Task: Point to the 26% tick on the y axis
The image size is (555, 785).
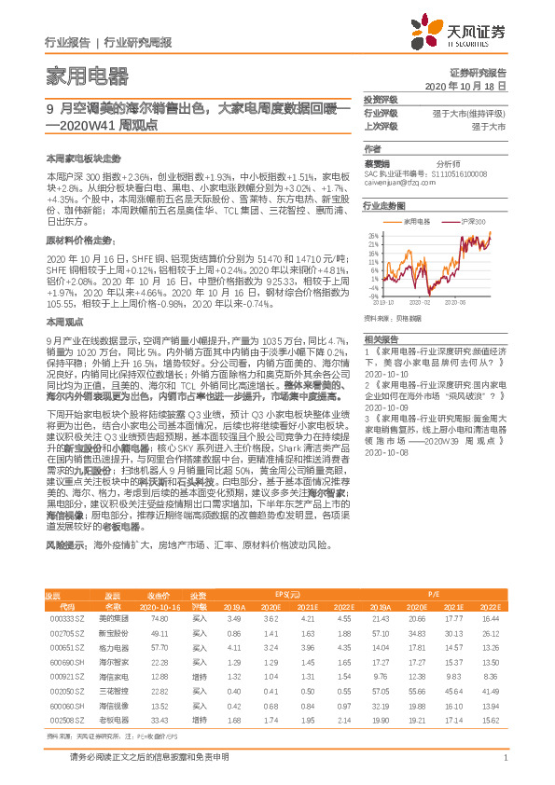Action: [373, 235]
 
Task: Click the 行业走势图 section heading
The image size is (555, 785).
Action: [384, 205]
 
